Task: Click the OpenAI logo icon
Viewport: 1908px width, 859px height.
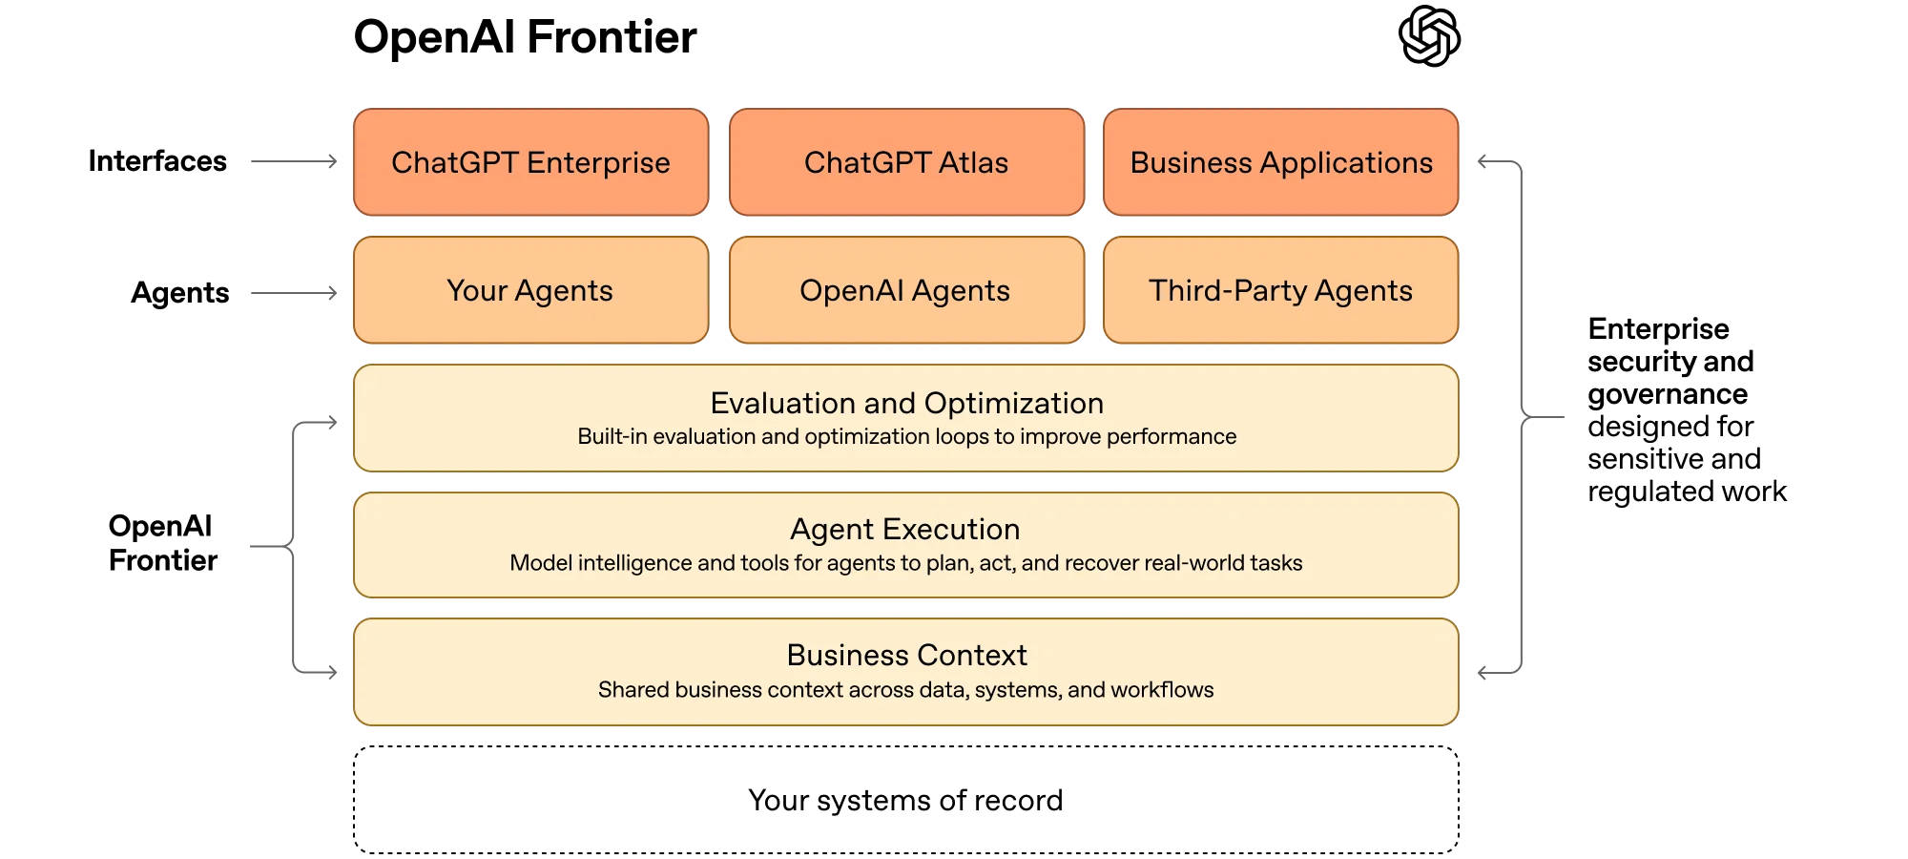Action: coord(1429,36)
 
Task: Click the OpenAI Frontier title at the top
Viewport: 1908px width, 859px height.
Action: coord(525,38)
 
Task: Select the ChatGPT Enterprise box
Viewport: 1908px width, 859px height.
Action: coord(530,162)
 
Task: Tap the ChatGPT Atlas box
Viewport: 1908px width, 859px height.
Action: coord(906,162)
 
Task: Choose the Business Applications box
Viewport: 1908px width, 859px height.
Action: coord(1280,162)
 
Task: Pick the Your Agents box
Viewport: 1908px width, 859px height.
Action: coord(530,290)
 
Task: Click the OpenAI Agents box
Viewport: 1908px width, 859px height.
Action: coord(906,290)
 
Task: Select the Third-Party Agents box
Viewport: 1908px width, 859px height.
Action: coord(1280,290)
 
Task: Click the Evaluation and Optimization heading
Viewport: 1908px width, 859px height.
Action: coord(906,403)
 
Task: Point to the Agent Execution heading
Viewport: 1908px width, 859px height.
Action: coord(904,529)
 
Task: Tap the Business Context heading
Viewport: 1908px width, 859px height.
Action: coord(906,656)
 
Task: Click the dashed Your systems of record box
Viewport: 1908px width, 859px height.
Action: coord(906,800)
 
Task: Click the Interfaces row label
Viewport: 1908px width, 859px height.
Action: coord(157,161)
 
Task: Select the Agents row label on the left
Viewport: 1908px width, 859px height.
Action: coord(179,293)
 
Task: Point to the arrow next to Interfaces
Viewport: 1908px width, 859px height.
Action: coord(294,162)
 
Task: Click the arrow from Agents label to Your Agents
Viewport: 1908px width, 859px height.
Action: coord(294,293)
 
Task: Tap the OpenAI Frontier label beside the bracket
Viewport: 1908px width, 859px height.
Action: coord(162,543)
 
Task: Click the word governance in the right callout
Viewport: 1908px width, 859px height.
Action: coord(1668,394)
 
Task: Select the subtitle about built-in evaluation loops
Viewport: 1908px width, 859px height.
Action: coord(906,437)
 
